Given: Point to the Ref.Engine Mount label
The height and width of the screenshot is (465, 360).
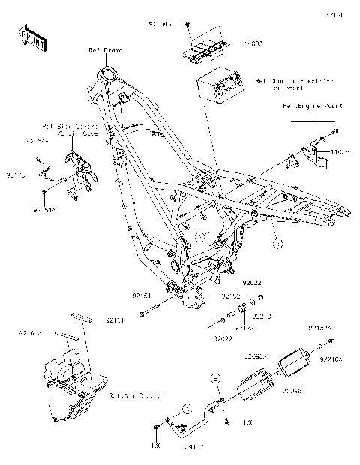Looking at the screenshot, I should pyautogui.click(x=312, y=106).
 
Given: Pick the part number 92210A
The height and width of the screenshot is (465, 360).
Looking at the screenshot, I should pyautogui.click(x=331, y=358).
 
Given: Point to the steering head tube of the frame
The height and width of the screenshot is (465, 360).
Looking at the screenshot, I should pyautogui.click(x=105, y=76).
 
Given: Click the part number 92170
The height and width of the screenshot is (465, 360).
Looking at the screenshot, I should pyautogui.click(x=16, y=175).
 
